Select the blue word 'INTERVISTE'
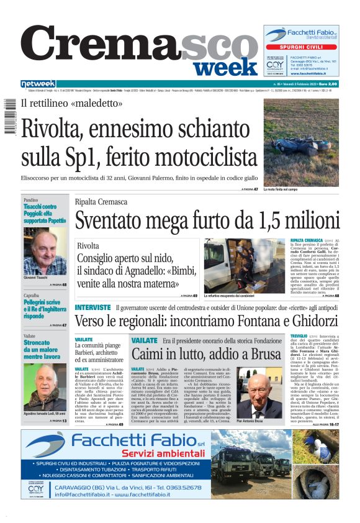click(x=92, y=307)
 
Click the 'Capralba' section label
click(x=32, y=294)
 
